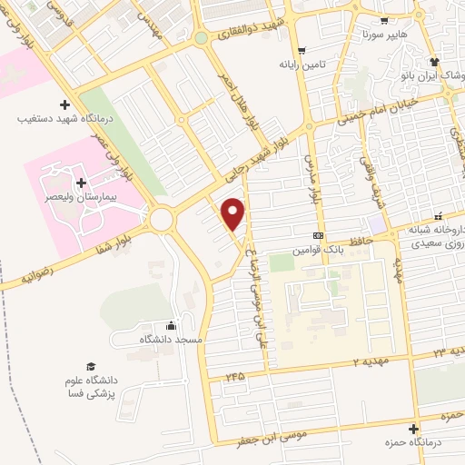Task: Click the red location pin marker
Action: click(x=234, y=214)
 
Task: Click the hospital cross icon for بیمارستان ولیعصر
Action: click(x=82, y=183)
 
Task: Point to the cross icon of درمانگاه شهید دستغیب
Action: click(x=64, y=104)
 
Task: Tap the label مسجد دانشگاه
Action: click(x=169, y=339)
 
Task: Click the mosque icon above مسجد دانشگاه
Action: click(x=173, y=326)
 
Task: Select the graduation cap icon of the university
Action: click(x=90, y=366)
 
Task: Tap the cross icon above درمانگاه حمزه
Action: click(x=414, y=429)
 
